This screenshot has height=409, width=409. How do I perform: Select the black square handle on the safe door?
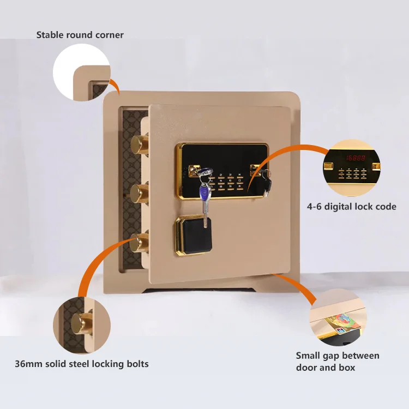tap(192, 231)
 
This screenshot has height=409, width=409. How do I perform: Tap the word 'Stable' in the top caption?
tap(51, 35)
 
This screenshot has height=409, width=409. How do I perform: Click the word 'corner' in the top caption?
tap(109, 35)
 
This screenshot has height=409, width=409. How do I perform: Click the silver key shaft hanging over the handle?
tap(205, 216)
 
